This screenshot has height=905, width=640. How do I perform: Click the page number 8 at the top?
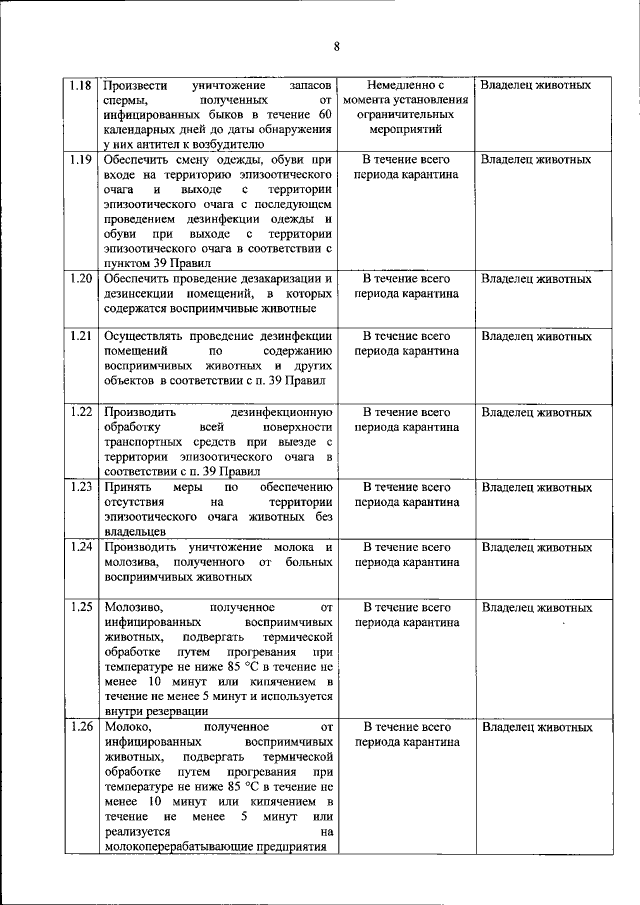(x=337, y=46)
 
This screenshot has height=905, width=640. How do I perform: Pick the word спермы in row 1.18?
(x=125, y=101)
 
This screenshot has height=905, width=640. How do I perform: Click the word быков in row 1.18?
(x=222, y=116)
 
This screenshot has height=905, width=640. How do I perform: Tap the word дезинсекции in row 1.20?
(x=142, y=294)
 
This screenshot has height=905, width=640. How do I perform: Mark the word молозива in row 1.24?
(x=131, y=563)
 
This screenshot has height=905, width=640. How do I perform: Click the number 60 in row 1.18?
(x=324, y=116)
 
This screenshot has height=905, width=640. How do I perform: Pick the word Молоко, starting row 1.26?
(x=126, y=727)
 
